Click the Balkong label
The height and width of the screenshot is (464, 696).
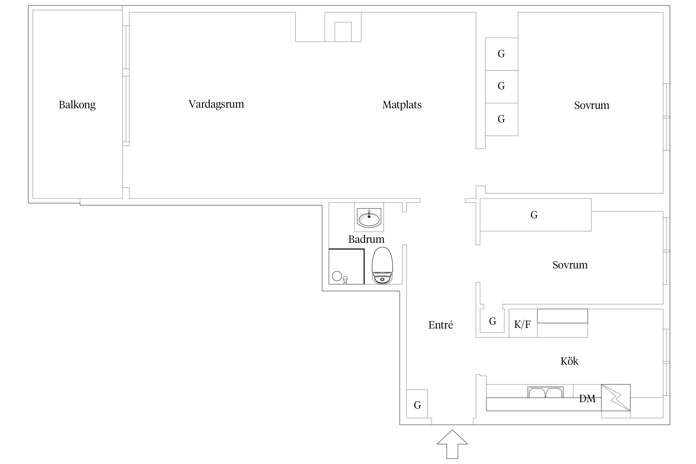(77, 105)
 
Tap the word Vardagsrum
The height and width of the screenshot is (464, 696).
(216, 104)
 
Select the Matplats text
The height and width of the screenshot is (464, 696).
(402, 105)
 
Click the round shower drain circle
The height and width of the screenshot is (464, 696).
(337, 276)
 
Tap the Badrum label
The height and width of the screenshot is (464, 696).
(366, 239)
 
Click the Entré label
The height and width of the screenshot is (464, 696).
(440, 325)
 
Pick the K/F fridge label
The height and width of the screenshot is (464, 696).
(522, 324)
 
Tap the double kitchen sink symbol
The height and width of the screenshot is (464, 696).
(545, 392)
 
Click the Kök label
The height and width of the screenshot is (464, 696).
(569, 361)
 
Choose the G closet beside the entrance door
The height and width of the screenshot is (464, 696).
(417, 405)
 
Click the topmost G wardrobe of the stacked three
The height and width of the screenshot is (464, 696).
(501, 54)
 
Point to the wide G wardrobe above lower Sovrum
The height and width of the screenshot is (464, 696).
(534, 215)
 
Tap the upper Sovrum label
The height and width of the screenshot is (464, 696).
(591, 105)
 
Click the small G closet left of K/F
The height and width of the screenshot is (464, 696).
(493, 321)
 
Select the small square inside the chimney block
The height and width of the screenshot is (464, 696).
(343, 32)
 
